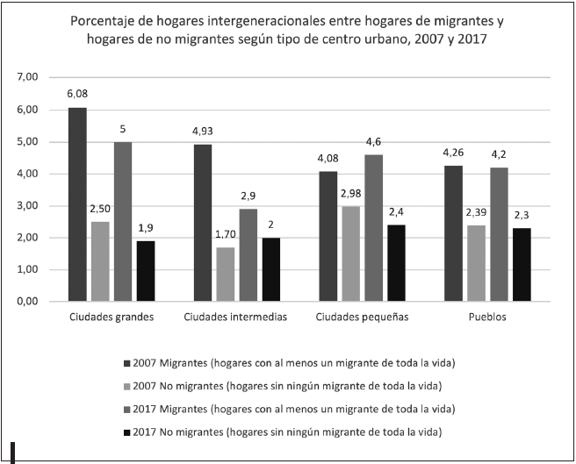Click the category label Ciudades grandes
tap(111, 318)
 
